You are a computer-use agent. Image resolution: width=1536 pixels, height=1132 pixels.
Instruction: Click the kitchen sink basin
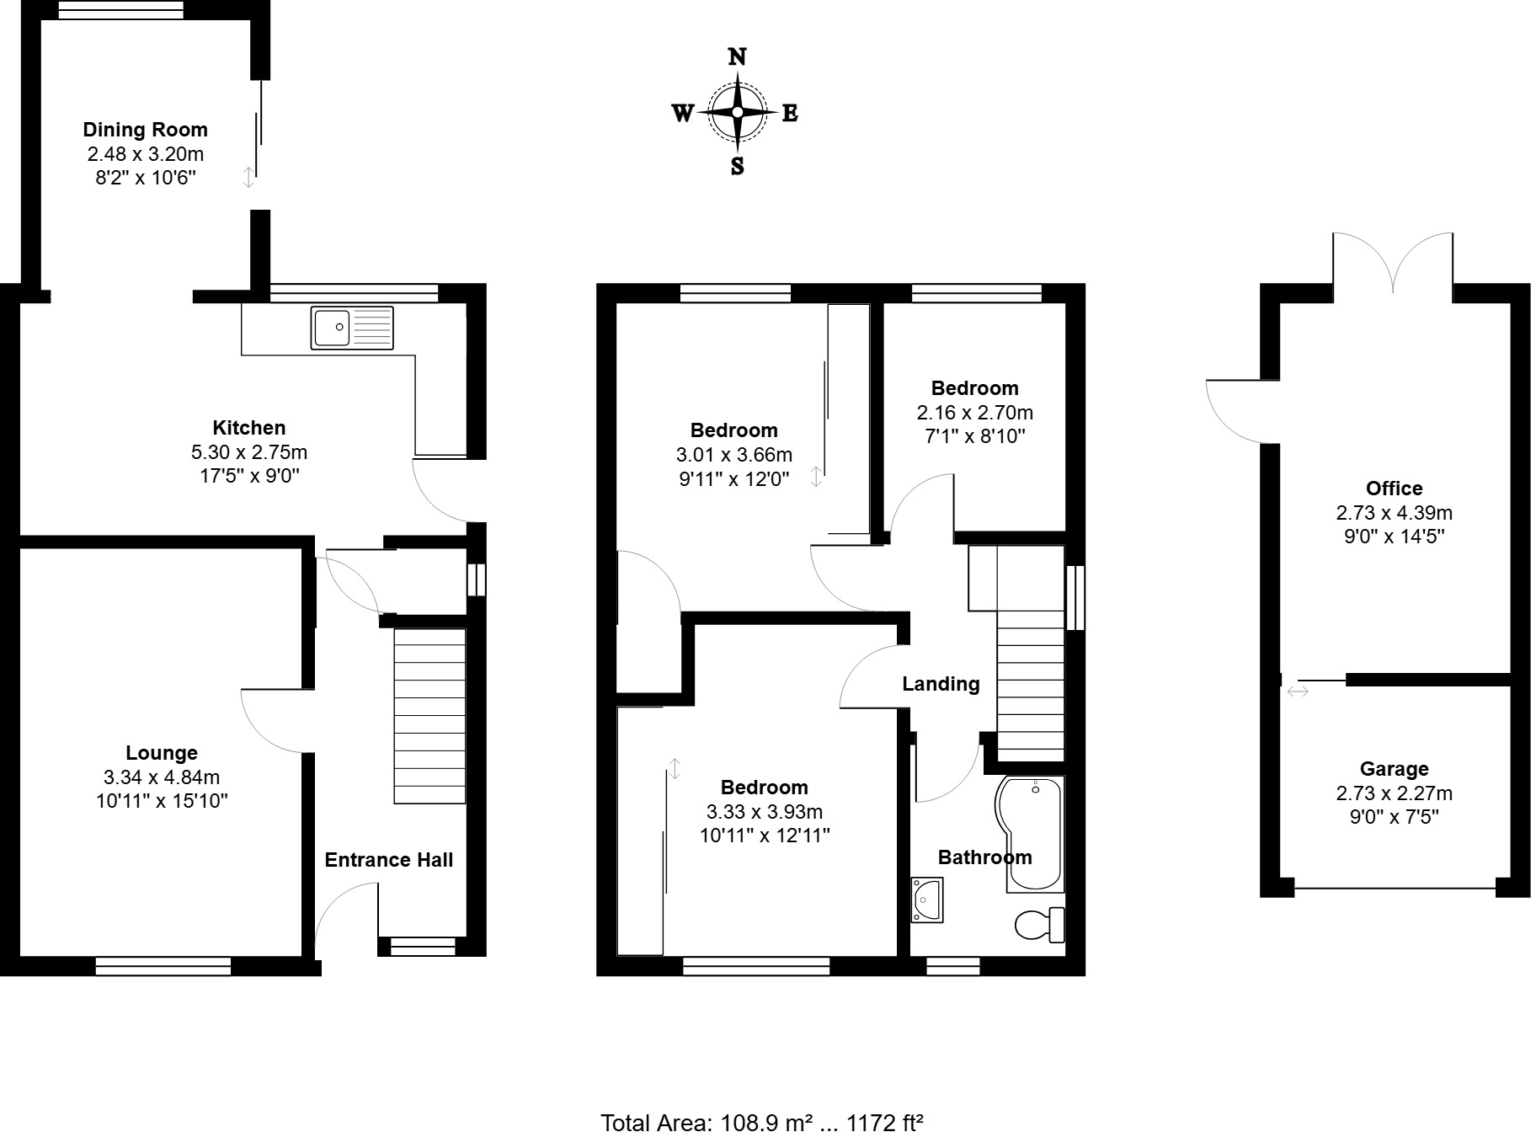coord(331,328)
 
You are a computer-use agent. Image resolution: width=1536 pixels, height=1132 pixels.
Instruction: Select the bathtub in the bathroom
coord(1032,834)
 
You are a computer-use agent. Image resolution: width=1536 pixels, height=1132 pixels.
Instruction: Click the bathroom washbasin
coord(926,900)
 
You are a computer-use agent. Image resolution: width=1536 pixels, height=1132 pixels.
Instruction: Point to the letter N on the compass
coord(737,56)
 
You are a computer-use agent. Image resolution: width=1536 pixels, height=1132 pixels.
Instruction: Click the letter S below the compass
coord(737,166)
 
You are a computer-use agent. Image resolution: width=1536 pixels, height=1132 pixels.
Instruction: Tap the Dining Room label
coord(145,130)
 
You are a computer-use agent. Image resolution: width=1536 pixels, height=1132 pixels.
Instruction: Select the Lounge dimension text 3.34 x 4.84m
coord(162,777)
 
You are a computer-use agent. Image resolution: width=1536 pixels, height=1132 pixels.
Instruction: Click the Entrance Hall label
coord(388,860)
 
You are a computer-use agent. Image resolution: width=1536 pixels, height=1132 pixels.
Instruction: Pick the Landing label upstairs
coord(941,684)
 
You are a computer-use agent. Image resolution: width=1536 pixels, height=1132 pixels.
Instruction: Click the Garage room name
coord(1394,769)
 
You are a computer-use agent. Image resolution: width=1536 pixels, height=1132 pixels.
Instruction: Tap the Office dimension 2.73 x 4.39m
coord(1394,512)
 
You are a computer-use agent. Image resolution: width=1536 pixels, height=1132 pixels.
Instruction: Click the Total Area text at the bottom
coord(762,1121)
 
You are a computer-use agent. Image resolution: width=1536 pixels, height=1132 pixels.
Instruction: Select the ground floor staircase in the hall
coord(429,716)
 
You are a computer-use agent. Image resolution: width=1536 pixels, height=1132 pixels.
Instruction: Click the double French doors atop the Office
coord(1393,263)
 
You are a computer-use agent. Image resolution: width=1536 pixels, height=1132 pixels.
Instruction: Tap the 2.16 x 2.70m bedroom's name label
coord(974,388)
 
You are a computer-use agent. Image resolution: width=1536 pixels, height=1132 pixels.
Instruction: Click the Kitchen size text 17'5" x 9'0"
coord(248,476)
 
